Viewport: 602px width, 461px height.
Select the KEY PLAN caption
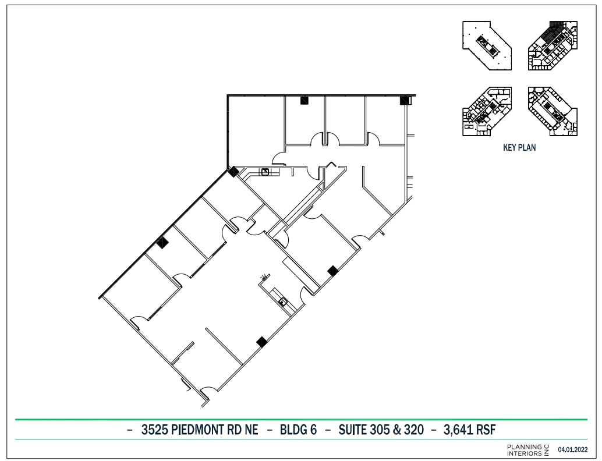coord(519,148)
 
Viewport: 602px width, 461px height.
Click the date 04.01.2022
coord(573,449)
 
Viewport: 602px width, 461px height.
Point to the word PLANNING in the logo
coord(524,446)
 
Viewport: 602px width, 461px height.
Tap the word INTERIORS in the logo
coord(524,452)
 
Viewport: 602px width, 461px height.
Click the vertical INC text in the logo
coord(546,449)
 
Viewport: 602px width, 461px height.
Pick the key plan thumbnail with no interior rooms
coord(487,45)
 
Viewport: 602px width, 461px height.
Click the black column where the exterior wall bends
coord(233,172)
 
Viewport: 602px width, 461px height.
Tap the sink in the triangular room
coord(265,171)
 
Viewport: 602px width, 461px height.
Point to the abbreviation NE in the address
coord(253,430)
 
